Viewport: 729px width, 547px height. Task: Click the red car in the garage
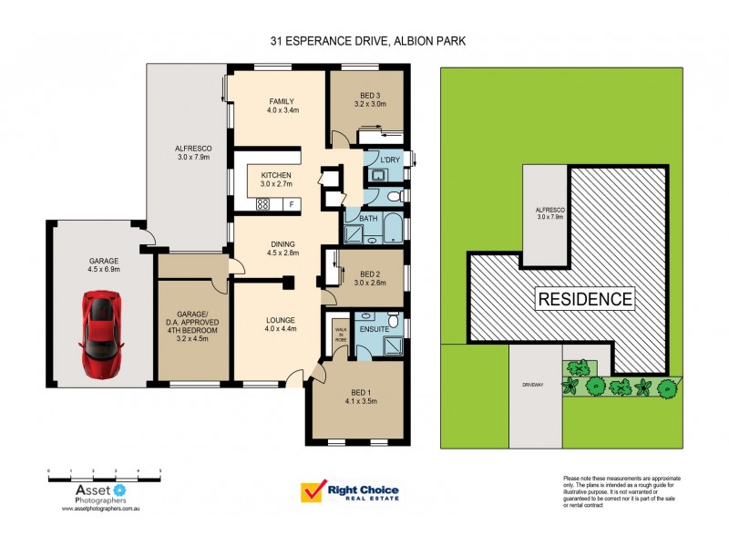click(x=99, y=333)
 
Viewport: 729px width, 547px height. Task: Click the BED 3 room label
click(x=370, y=98)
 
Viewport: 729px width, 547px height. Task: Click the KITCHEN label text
click(x=276, y=174)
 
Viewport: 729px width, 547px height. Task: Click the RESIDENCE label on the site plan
click(x=584, y=298)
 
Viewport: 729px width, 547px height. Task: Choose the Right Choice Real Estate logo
click(x=351, y=492)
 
